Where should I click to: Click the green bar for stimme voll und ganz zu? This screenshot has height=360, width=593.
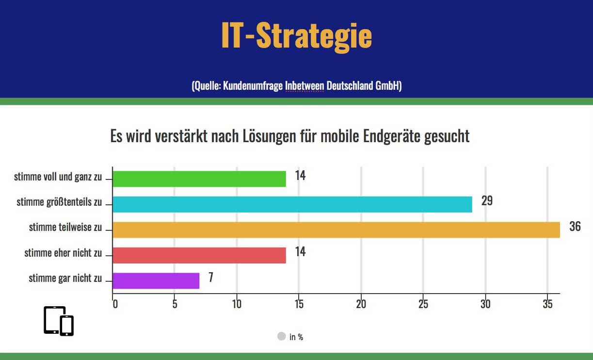pyautogui.click(x=199, y=179)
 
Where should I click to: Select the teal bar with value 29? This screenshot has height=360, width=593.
pyautogui.click(x=292, y=204)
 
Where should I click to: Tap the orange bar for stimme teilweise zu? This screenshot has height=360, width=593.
pyautogui.click(x=336, y=229)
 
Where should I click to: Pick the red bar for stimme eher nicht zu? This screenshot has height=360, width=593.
pyautogui.click(x=199, y=255)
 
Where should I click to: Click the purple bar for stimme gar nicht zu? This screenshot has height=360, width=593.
pyautogui.click(x=156, y=280)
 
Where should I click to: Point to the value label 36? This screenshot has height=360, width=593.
pyautogui.click(x=575, y=227)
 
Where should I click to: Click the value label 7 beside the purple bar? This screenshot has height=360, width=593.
pyautogui.click(x=211, y=278)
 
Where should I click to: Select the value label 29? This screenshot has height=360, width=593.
pyautogui.click(x=487, y=201)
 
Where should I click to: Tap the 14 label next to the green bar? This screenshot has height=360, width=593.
pyautogui.click(x=300, y=176)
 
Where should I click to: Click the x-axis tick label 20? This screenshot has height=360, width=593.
pyautogui.click(x=361, y=304)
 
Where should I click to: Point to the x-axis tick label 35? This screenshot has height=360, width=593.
pyautogui.click(x=547, y=304)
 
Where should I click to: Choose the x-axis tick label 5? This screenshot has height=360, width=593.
pyautogui.click(x=175, y=304)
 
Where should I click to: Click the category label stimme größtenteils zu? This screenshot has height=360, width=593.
pyautogui.click(x=59, y=202)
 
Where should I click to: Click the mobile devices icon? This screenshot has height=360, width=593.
pyautogui.click(x=59, y=321)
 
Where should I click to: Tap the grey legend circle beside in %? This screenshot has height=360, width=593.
pyautogui.click(x=281, y=336)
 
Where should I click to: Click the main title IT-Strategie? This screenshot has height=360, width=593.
pyautogui.click(x=296, y=35)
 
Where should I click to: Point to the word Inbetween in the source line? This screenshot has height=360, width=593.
pyautogui.click(x=305, y=86)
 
